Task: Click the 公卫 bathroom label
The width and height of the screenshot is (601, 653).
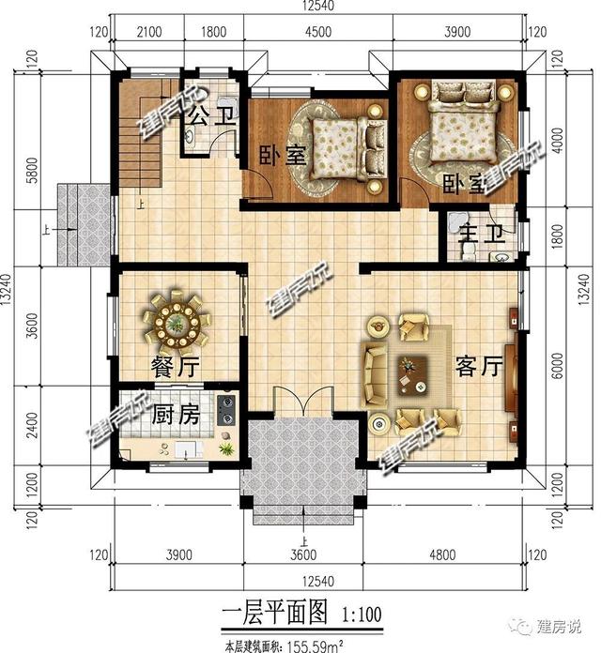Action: tap(211, 116)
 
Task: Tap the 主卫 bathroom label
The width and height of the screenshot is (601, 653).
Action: tap(482, 234)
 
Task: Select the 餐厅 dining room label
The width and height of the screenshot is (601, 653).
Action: tap(175, 367)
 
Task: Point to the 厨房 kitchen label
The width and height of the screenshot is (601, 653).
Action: tap(175, 415)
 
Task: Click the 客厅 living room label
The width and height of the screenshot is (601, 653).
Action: tap(479, 367)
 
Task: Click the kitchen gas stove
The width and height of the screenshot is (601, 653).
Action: tap(226, 410)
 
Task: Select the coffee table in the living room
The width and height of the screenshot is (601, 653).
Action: tap(412, 375)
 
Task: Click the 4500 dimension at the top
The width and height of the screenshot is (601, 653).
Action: tap(318, 32)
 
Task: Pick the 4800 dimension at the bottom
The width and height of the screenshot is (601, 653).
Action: tap(442, 554)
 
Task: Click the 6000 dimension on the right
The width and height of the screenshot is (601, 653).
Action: tap(557, 366)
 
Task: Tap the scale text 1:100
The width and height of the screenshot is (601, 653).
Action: tap(362, 615)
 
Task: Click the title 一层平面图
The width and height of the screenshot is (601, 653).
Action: tap(274, 612)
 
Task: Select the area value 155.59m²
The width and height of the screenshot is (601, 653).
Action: tap(314, 646)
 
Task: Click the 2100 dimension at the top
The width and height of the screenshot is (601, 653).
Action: tap(148, 32)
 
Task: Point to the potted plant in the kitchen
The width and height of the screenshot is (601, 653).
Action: tap(226, 448)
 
